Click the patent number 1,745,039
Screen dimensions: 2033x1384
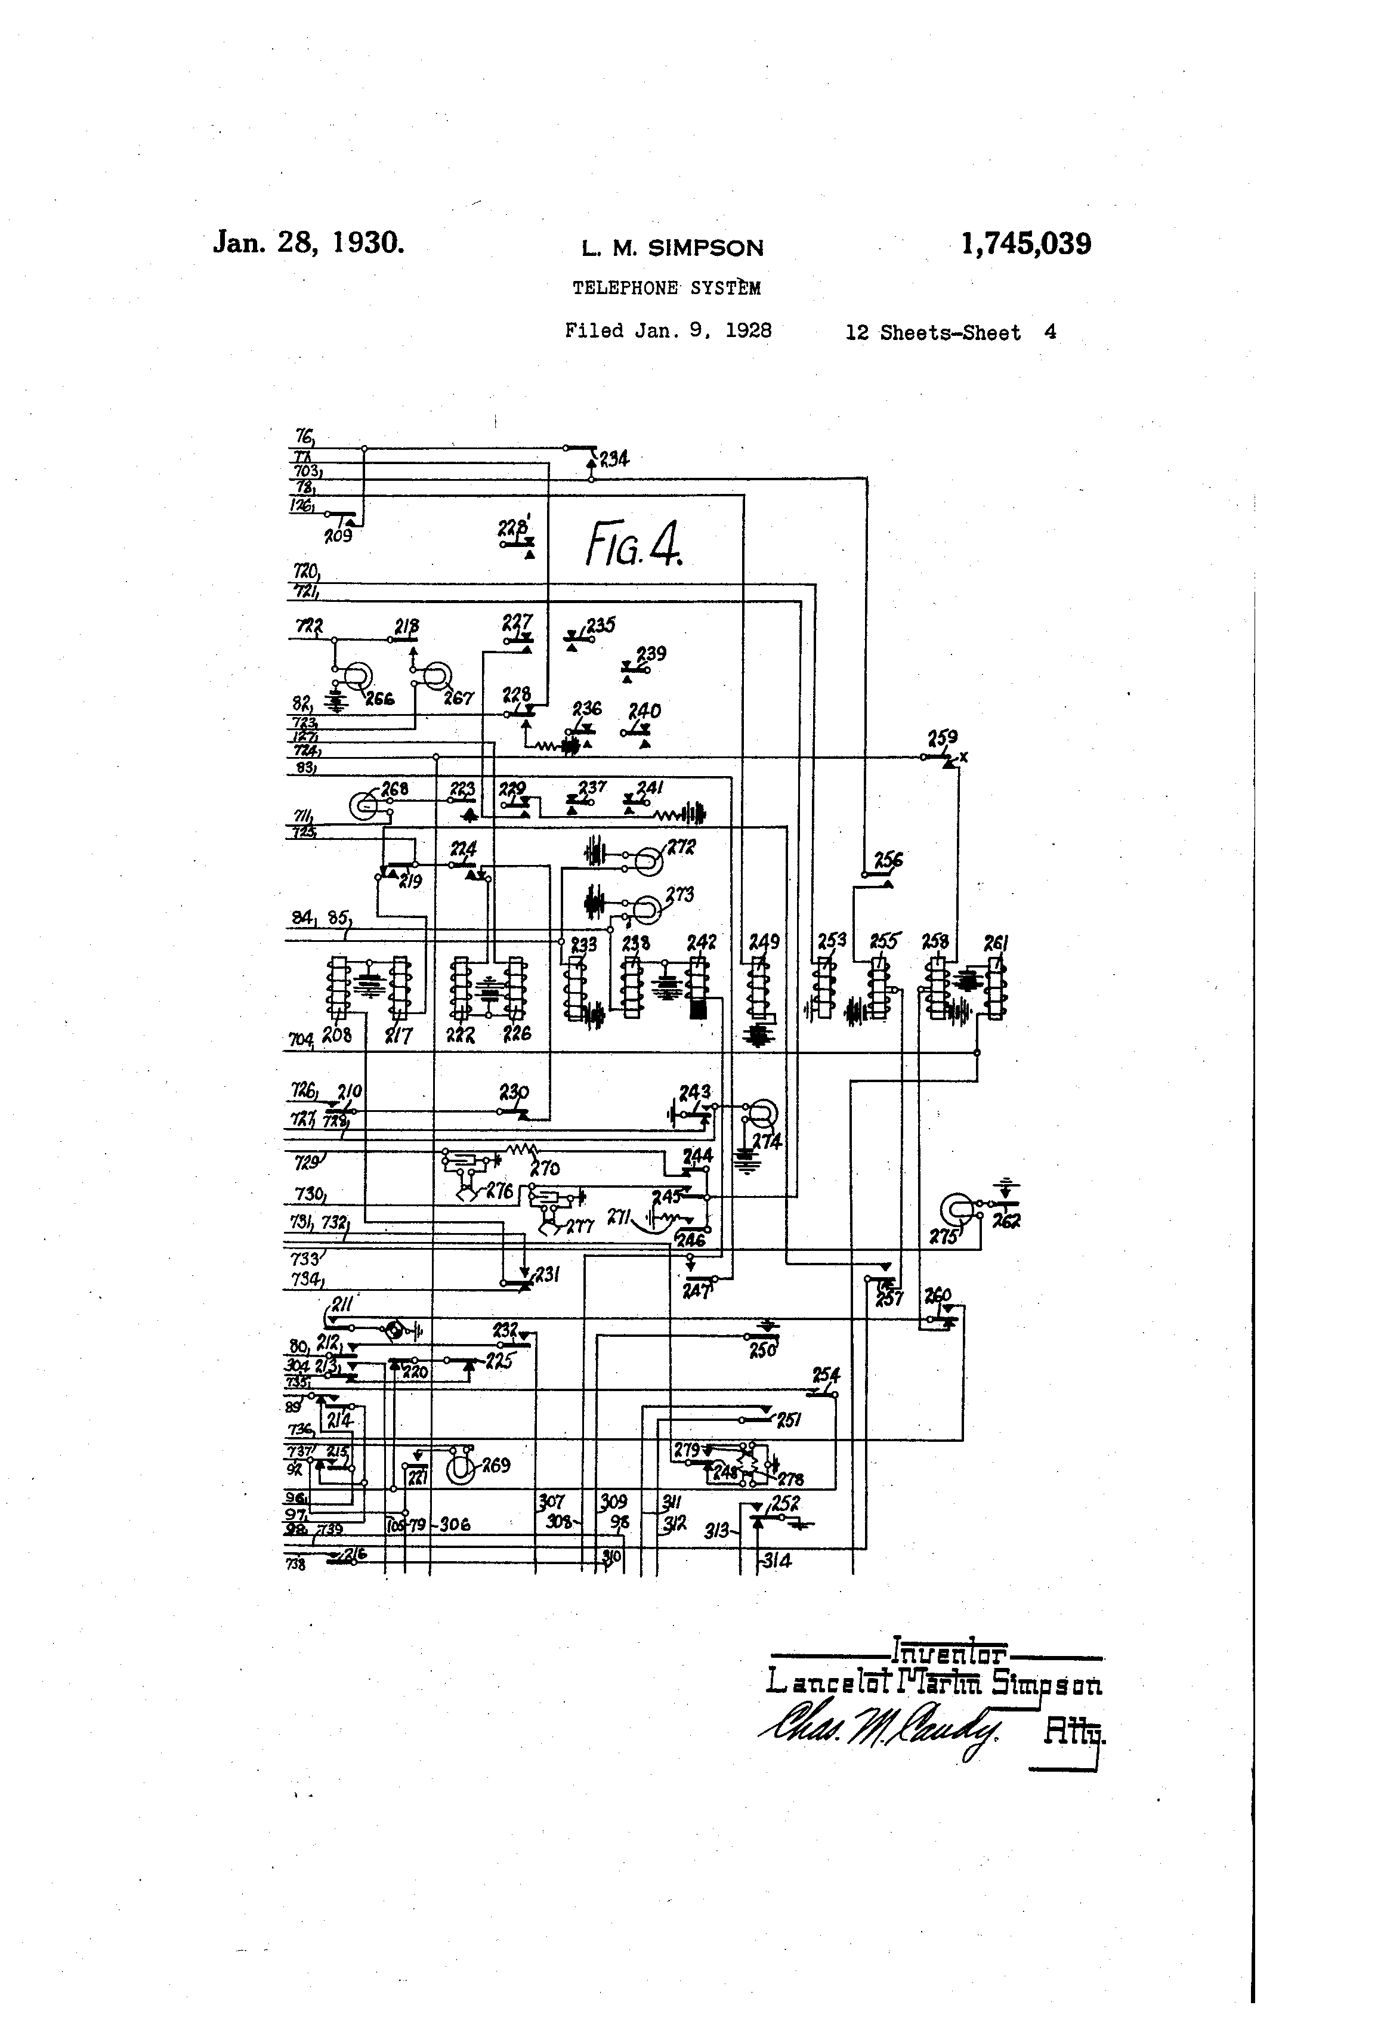[1025, 243]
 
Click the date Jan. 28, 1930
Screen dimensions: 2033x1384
[308, 242]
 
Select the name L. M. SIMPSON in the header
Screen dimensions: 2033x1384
[672, 248]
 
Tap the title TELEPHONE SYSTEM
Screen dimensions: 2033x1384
[666, 288]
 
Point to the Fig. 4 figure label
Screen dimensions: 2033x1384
[634, 543]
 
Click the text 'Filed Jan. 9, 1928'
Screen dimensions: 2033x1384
[668, 330]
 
